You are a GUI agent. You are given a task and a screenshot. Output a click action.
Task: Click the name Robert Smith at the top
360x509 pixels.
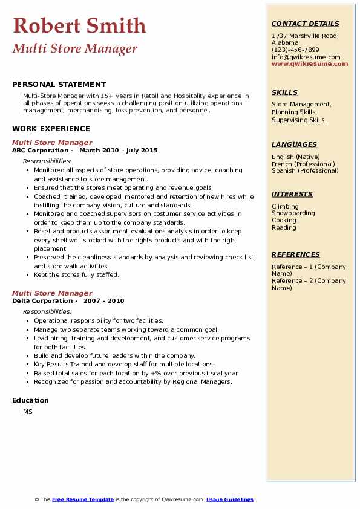click(x=79, y=25)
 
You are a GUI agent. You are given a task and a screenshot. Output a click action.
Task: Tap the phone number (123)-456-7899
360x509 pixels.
click(x=295, y=50)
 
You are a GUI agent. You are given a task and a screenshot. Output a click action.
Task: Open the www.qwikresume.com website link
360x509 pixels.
click(x=310, y=63)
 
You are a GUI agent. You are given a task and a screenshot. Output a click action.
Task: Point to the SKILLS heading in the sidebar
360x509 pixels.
click(x=284, y=92)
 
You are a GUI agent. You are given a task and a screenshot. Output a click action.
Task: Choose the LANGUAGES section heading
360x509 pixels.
click(x=294, y=144)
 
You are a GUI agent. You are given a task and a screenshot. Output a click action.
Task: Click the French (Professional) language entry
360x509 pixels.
click(x=303, y=164)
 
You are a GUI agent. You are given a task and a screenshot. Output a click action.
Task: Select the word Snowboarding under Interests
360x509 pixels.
click(x=293, y=213)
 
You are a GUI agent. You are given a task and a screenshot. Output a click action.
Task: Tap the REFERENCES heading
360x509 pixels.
click(x=295, y=254)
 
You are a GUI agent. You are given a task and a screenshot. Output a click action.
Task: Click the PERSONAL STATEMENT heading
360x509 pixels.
click(x=59, y=85)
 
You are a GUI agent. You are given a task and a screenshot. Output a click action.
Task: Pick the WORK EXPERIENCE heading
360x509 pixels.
click(x=51, y=128)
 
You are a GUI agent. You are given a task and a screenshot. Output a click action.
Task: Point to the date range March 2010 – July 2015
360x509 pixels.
click(x=118, y=151)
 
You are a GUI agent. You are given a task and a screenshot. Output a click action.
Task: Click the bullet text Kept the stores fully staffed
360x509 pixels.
click(x=76, y=274)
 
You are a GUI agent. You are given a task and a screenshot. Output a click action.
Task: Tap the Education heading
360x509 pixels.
click(x=30, y=400)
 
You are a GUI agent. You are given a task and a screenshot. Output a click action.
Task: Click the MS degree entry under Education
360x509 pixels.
click(x=28, y=412)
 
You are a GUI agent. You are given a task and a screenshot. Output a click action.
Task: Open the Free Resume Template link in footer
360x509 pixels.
click(x=83, y=499)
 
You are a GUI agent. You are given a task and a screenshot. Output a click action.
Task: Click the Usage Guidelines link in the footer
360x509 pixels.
click(x=230, y=499)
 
